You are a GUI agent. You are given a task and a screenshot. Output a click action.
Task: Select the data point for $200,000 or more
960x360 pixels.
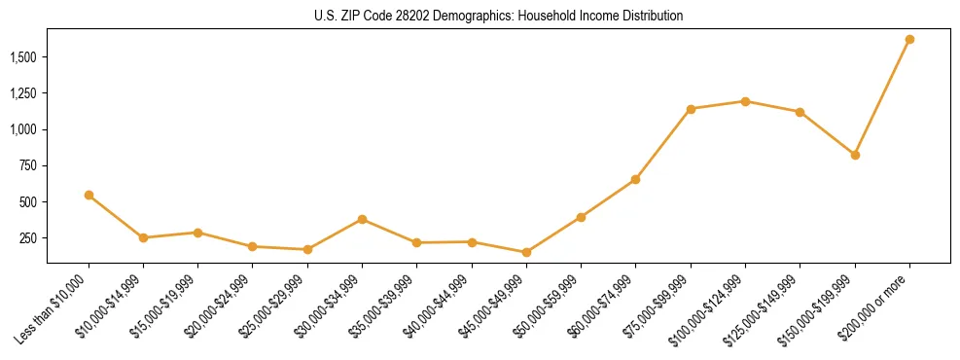(909, 39)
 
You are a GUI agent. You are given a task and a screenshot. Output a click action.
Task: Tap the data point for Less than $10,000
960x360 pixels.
(89, 195)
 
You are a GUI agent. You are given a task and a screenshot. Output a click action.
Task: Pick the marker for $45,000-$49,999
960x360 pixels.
(526, 252)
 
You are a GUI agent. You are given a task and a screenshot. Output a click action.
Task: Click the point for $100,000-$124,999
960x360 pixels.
(745, 101)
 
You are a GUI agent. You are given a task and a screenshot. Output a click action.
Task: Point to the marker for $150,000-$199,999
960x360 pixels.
(855, 155)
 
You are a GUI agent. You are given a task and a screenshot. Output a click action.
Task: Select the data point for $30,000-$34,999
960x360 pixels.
(362, 219)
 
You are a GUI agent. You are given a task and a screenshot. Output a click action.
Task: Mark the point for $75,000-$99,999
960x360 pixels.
(691, 109)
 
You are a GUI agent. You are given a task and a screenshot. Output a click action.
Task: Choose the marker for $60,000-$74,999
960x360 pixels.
(635, 179)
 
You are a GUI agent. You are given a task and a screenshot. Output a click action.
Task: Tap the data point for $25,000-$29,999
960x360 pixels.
(307, 249)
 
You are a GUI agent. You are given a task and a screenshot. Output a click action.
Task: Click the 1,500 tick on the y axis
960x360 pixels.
(22, 57)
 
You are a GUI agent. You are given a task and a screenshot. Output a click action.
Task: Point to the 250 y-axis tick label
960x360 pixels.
(28, 238)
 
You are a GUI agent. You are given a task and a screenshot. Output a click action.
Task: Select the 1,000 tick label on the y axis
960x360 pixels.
(22, 129)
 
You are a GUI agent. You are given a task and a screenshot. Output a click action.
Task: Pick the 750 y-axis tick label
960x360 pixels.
(28, 165)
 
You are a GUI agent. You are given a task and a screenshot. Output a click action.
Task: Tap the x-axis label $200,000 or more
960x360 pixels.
(873, 308)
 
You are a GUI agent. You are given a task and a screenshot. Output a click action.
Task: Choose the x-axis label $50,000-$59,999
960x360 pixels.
(545, 309)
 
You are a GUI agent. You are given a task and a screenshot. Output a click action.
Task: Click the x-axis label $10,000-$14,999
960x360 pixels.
(107, 309)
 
